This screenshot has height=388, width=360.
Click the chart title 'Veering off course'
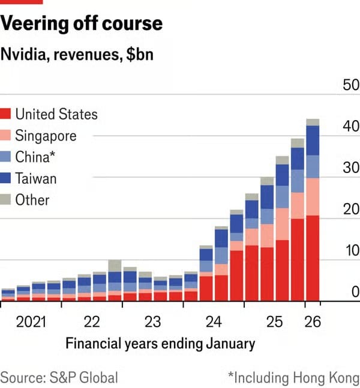[82, 23]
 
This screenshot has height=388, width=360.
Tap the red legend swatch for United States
[6, 114]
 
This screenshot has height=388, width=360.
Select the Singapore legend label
[46, 136]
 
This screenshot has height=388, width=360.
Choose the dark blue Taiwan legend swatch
[6, 178]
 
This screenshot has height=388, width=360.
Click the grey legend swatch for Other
[6, 200]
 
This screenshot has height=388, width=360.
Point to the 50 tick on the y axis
[350, 85]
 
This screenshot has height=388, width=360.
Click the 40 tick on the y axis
[350, 126]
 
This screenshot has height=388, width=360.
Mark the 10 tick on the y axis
[350, 250]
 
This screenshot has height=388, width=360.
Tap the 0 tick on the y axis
[355, 292]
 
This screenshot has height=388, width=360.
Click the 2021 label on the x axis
[31, 322]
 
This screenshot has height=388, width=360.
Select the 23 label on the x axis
[152, 322]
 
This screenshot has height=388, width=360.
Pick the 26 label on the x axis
[313, 322]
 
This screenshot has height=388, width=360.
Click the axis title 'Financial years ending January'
[160, 344]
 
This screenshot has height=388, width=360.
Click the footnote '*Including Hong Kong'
[293, 377]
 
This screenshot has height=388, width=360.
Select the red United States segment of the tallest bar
[313, 258]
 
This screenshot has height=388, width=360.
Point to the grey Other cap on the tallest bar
[313, 123]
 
